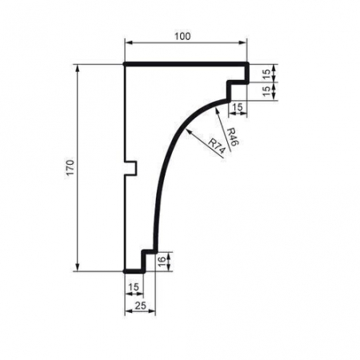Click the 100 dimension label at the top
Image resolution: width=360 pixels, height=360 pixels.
coord(186,37)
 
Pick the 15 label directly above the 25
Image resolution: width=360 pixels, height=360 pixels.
coord(133,286)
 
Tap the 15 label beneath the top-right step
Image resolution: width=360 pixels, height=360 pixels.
coord(238,106)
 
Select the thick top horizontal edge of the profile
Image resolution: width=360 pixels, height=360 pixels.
coord(186,64)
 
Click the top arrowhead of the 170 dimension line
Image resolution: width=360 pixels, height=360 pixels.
coord(78,70)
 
